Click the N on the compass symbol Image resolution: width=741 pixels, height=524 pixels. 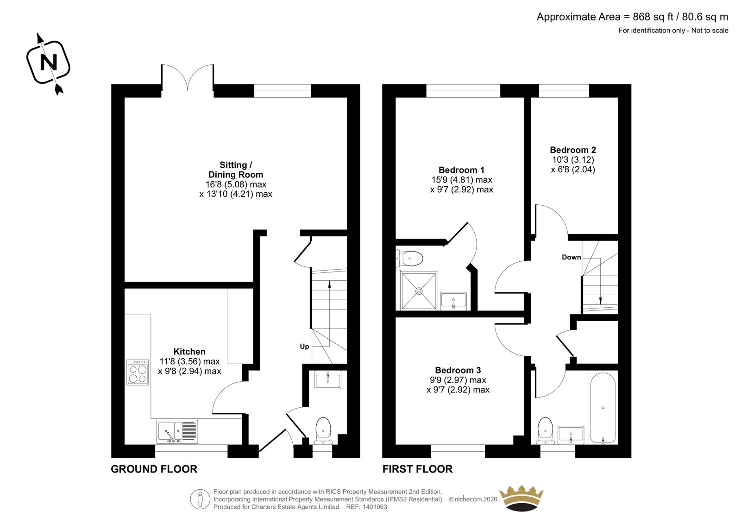pos(48,62)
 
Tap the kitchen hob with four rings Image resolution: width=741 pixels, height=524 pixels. pos(138,372)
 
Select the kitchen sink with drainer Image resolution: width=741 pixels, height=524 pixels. pos(177,432)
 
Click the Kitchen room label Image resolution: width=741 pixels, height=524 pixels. pos(189,352)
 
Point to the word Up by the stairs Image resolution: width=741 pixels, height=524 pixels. pos(304,347)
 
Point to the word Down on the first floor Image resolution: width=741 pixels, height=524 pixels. pos(571,257)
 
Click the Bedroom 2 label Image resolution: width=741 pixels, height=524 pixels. pos(573,150)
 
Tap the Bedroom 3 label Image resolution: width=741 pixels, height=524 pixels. pos(458,370)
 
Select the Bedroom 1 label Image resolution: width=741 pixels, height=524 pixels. pos(461,170)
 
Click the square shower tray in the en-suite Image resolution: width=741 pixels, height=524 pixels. pos(419,291)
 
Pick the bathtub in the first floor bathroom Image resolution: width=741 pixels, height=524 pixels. pos(603,408)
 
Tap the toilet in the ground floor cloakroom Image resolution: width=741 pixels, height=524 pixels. pos(323,431)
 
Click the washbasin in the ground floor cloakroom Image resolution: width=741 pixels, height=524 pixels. pos(327,381)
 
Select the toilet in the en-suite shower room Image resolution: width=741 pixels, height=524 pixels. pos(409,258)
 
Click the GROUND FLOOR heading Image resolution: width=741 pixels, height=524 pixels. pos(154,469)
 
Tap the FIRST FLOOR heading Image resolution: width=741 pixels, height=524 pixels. pos(417,469)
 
